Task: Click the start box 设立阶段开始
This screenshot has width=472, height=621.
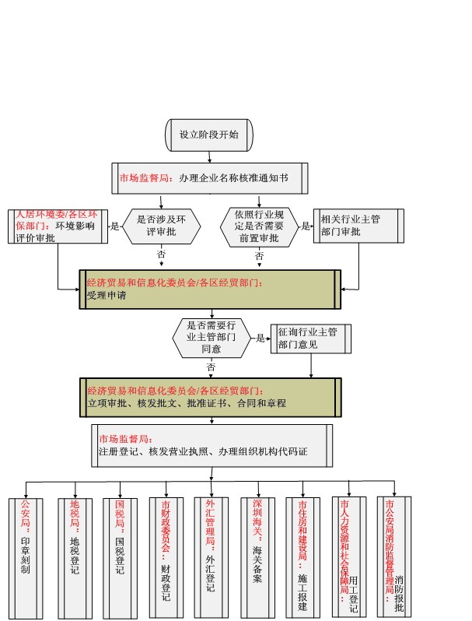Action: (209, 135)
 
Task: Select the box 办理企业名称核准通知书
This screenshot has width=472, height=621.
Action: (210, 178)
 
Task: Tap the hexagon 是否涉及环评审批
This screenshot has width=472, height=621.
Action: (162, 226)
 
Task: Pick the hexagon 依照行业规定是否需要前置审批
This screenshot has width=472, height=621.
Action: (259, 227)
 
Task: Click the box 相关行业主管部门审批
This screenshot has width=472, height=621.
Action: (358, 226)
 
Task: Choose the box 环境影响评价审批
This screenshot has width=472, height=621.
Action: (58, 226)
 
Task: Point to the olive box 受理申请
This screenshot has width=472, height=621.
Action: (210, 289)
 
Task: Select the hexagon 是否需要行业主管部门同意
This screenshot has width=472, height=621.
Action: (212, 339)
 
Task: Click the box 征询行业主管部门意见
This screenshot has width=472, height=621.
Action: (311, 339)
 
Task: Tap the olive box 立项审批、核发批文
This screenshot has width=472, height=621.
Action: (211, 398)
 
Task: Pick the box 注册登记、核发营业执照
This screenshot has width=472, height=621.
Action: (212, 446)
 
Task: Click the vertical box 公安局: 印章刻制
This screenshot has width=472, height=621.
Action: (26, 558)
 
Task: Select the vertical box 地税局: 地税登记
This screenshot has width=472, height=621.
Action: (75, 558)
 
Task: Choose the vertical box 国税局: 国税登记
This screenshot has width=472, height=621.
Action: (121, 558)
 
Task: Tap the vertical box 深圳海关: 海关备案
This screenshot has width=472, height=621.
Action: (258, 558)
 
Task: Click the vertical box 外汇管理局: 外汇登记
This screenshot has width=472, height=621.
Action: (212, 557)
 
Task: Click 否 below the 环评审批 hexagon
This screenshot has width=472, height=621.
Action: (161, 254)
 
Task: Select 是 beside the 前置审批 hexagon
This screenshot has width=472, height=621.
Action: (306, 226)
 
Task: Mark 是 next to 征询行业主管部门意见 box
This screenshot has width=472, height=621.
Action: (260, 339)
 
